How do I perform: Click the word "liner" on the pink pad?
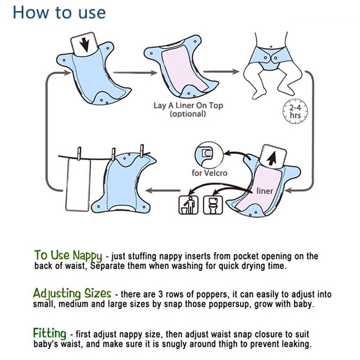click(265, 191)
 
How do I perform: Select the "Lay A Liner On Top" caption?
click(188, 106)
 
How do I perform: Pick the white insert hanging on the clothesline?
click(76, 184)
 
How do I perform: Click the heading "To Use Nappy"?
click(68, 255)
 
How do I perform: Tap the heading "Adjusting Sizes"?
click(72, 294)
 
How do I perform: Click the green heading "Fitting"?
click(49, 333)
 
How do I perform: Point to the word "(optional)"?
click(188, 114)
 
